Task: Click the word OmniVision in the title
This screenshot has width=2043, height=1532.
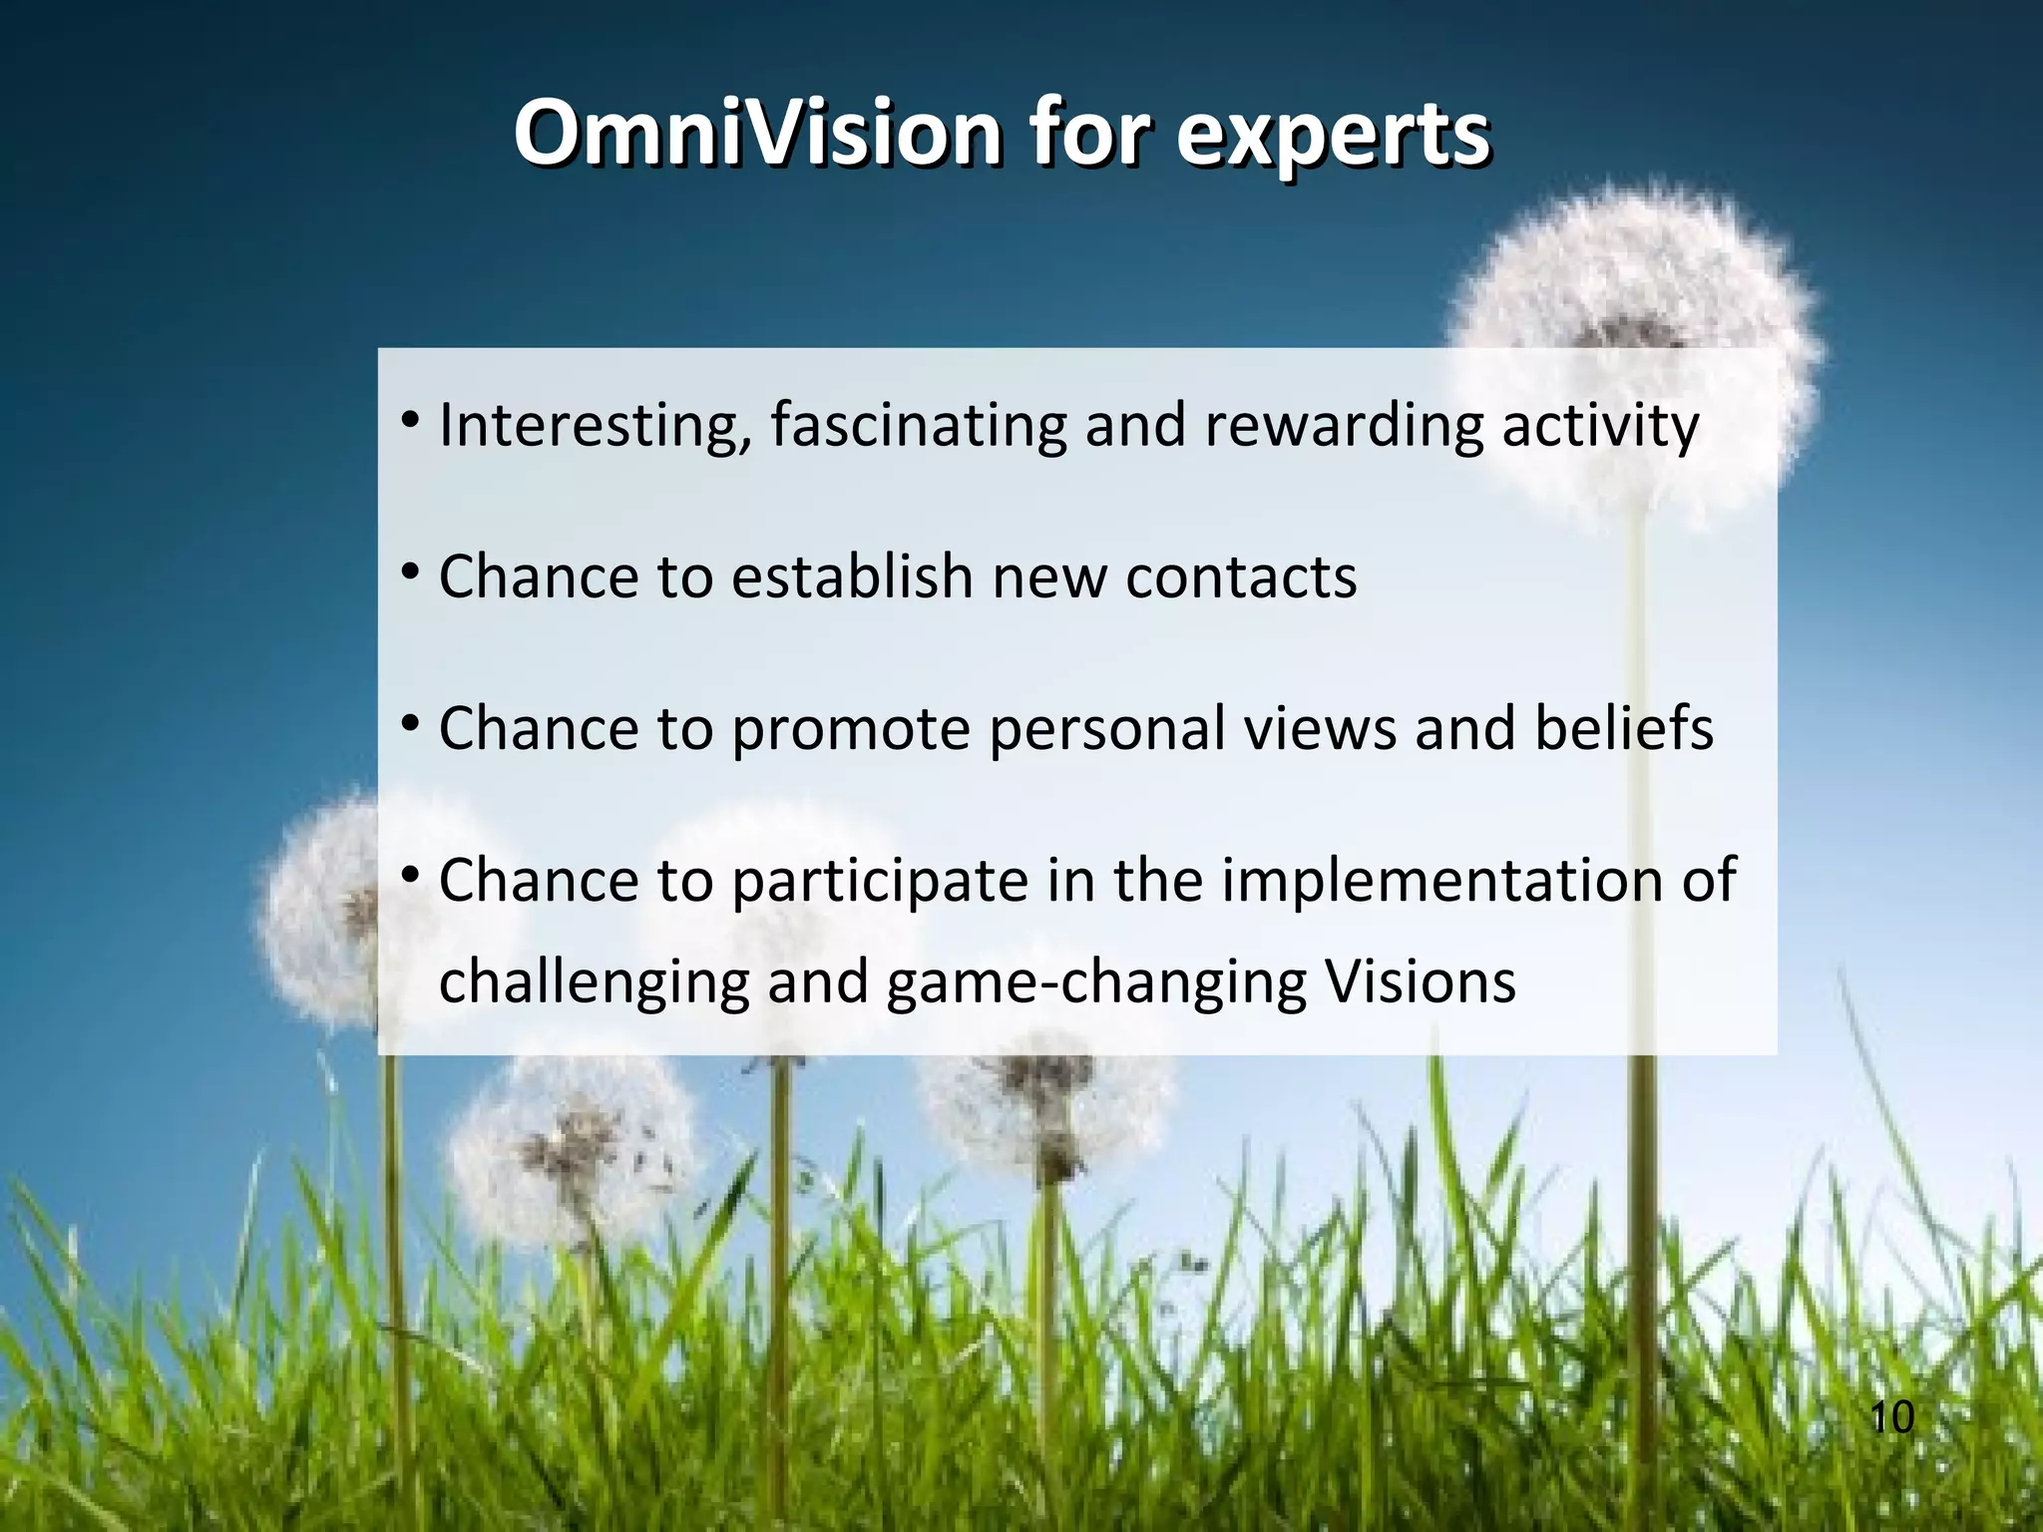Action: coord(758,135)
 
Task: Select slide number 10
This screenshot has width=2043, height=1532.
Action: coord(1891,1417)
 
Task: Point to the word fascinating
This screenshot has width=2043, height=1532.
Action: coord(918,426)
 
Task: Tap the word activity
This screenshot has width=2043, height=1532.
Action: coord(1600,426)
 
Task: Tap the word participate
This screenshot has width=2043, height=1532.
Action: coord(880,882)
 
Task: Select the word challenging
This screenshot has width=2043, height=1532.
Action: coord(594,983)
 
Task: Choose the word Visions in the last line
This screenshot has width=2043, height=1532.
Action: coord(1421,981)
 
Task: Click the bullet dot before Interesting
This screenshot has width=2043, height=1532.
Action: coord(410,422)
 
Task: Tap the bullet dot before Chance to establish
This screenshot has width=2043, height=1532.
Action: coord(410,574)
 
